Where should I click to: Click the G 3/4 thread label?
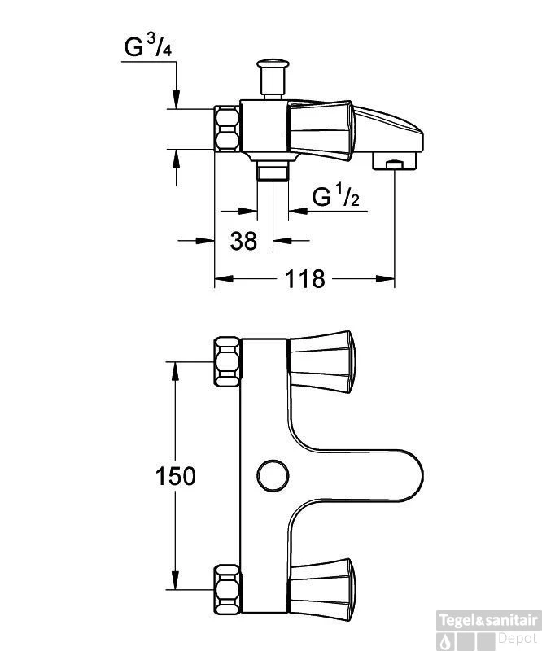pyautogui.click(x=148, y=47)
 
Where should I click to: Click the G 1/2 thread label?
pyautogui.click(x=335, y=196)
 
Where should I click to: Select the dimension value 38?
pyautogui.click(x=244, y=241)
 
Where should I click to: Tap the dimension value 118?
pyautogui.click(x=304, y=278)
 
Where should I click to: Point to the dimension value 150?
pyautogui.click(x=175, y=476)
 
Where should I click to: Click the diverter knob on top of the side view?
pyautogui.click(x=273, y=78)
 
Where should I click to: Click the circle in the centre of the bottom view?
pyautogui.click(x=273, y=475)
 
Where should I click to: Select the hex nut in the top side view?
pyautogui.click(x=227, y=129)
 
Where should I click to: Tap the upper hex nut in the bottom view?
pyautogui.click(x=227, y=362)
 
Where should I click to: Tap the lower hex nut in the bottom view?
pyautogui.click(x=227, y=589)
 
